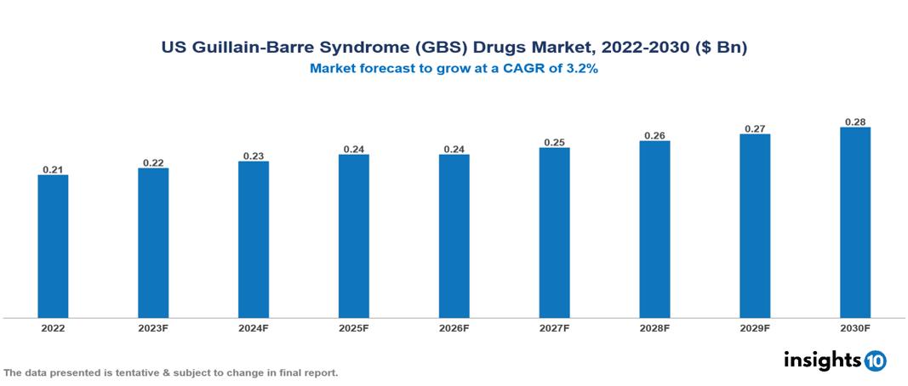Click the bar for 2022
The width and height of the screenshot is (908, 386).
tap(53, 247)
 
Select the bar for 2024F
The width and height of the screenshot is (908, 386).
tap(254, 240)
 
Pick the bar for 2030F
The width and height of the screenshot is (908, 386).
tap(855, 223)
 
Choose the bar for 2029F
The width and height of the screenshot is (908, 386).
tap(755, 226)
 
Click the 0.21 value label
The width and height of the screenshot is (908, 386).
tap(53, 169)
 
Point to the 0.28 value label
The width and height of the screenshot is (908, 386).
tap(855, 122)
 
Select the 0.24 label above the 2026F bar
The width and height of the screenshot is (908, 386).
tap(454, 149)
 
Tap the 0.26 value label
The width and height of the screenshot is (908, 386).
tap(654, 135)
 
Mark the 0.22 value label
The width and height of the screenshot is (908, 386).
tap(153, 162)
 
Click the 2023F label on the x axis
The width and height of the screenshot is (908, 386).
tap(153, 327)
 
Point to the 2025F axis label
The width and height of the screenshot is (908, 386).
tap(354, 327)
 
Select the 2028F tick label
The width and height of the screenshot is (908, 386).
tap(654, 327)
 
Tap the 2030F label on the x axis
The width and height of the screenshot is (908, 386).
tap(855, 327)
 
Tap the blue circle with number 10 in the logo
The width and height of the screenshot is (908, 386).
tap(876, 360)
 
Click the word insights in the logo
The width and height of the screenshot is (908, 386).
tap(822, 360)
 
